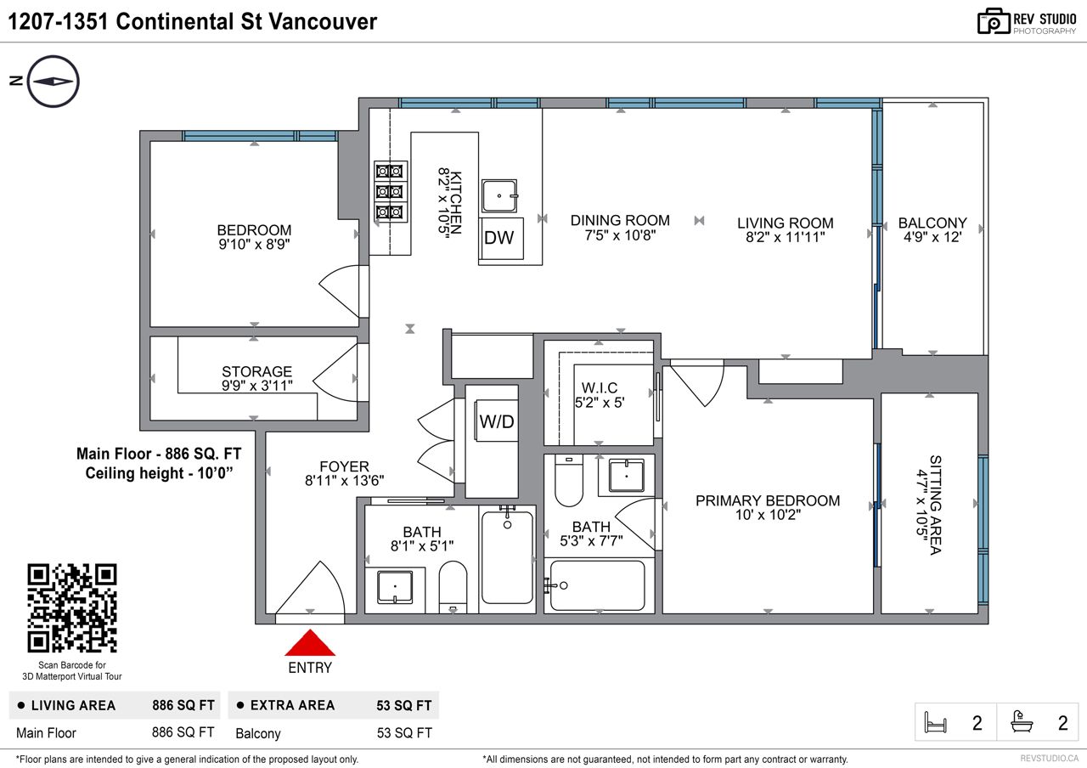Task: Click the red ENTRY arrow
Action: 310,643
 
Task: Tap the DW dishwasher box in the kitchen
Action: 500,239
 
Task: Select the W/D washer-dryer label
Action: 497,421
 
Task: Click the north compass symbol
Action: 53,81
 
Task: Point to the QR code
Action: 72,607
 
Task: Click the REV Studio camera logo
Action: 994,21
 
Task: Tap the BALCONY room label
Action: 932,223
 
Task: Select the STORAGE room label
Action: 256,371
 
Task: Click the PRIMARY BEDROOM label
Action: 768,500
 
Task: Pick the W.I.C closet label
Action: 600,388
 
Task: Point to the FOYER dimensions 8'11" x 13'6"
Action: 344,481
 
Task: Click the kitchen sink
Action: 499,196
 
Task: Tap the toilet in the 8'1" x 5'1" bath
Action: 453,587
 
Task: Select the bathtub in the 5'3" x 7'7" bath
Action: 598,585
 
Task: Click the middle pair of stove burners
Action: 390,192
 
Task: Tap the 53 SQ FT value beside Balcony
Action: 404,733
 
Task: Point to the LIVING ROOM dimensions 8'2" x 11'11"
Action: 786,237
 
